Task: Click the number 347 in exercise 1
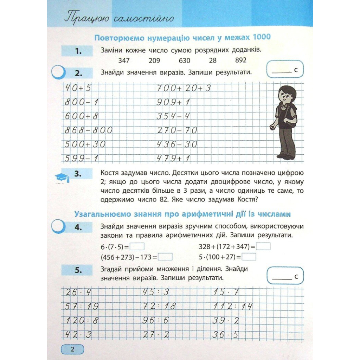(x=124, y=60)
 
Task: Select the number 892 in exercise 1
(x=241, y=60)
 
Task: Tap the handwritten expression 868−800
(x=89, y=130)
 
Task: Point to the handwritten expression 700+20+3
(x=183, y=88)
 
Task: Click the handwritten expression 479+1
(x=173, y=159)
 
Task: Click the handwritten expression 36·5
(x=226, y=335)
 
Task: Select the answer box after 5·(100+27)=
(x=249, y=257)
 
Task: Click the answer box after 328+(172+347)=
(x=264, y=247)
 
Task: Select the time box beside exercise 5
(x=285, y=275)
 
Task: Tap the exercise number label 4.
(x=78, y=227)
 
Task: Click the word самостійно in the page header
(x=144, y=19)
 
